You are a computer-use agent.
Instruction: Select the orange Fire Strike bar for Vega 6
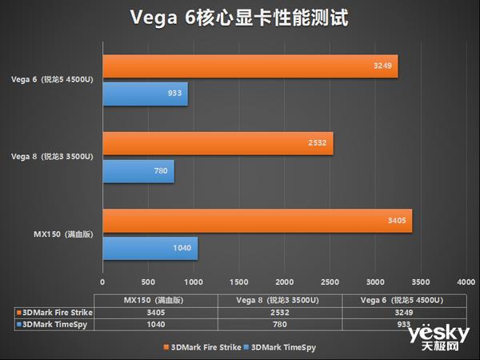click(250, 66)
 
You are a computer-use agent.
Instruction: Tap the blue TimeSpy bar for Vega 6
click(145, 94)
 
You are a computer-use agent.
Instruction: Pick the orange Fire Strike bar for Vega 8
click(218, 144)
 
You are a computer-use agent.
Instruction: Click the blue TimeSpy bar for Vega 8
click(138, 171)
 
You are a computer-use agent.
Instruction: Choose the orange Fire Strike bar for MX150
click(257, 221)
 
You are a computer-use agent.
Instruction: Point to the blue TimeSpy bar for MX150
click(150, 249)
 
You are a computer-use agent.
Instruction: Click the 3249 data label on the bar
click(381, 66)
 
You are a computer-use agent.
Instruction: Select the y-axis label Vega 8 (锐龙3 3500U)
click(53, 157)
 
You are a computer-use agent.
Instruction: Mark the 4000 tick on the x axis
click(466, 282)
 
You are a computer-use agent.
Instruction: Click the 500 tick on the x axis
click(148, 282)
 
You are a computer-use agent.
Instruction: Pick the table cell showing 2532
click(282, 312)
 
